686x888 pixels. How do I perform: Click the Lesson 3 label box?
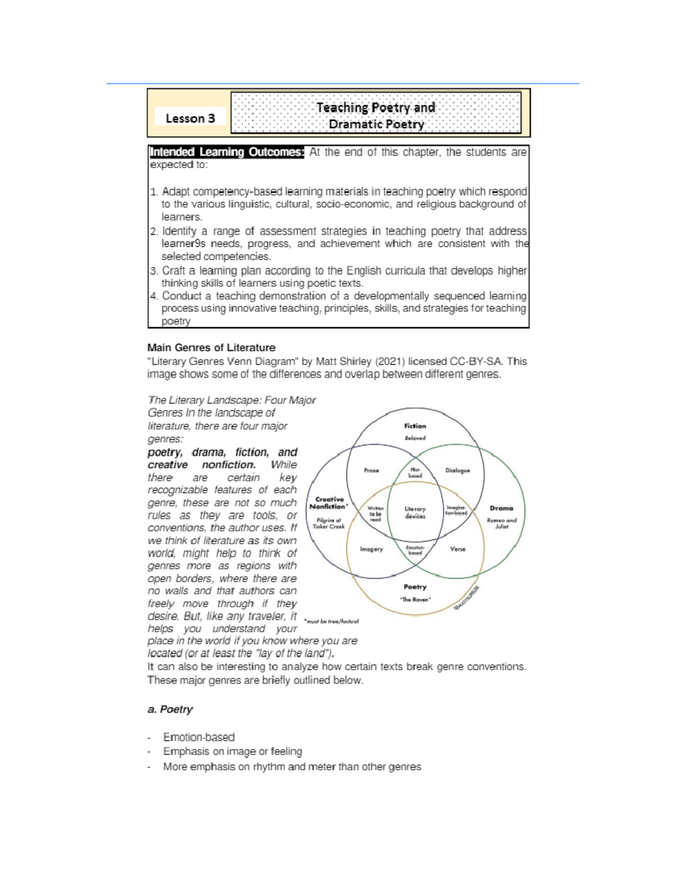point(190,118)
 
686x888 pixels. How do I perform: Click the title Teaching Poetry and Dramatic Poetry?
point(376,116)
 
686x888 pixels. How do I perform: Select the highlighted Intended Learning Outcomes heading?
point(226,152)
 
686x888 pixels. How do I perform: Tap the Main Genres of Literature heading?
point(211,348)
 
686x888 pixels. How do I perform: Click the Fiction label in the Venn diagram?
point(415,426)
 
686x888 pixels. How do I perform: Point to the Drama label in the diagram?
point(501,508)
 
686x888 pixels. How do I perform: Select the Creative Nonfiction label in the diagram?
point(329,503)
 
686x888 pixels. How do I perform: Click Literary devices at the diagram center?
point(415,512)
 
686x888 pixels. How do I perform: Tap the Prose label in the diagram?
point(372,471)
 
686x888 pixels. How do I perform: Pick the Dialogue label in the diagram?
point(457,471)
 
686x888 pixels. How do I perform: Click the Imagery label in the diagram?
point(372,549)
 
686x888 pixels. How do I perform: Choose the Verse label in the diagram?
point(457,549)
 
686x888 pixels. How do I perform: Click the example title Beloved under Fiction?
point(415,438)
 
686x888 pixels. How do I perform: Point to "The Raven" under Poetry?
point(415,599)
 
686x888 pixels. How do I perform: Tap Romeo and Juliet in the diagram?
point(501,523)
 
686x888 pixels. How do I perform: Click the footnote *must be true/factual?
point(332,621)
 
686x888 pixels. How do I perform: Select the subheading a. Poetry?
point(170,709)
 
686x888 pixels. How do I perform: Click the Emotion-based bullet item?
point(199,737)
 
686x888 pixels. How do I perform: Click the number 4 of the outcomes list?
point(153,296)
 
